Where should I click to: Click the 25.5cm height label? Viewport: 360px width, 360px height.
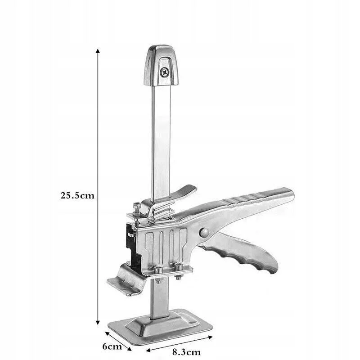click(77, 196)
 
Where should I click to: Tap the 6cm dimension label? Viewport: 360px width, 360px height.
click(112, 346)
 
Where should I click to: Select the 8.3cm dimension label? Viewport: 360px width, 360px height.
click(186, 352)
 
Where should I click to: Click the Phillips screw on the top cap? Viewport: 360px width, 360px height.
click(164, 72)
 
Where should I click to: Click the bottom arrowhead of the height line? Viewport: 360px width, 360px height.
click(98, 322)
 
